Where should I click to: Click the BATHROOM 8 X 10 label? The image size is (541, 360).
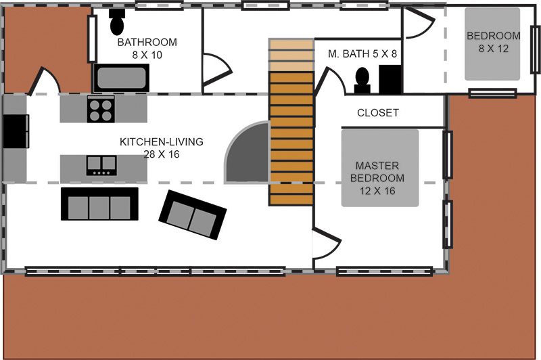(147, 48)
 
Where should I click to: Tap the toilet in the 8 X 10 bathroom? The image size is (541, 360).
(117, 22)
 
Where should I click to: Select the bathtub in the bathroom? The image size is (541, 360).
(121, 78)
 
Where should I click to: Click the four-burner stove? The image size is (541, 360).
(101, 109)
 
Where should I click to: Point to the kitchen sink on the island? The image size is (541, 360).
(101, 165)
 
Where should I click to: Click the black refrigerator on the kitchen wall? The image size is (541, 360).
(16, 131)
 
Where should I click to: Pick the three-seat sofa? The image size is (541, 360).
(99, 204)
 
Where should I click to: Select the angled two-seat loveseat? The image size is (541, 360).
(193, 215)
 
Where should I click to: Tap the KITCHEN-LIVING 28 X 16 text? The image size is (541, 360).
(162, 148)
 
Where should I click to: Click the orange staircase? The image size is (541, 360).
(291, 122)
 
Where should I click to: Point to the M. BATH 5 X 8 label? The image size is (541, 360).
(362, 54)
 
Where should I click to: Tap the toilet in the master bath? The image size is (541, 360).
(362, 81)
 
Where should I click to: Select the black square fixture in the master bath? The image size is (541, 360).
(390, 79)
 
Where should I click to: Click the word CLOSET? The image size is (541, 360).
(378, 113)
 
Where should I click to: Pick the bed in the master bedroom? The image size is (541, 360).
(380, 168)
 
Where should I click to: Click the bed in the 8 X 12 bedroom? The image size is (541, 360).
(492, 44)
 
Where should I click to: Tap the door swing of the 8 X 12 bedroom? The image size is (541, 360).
(418, 23)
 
